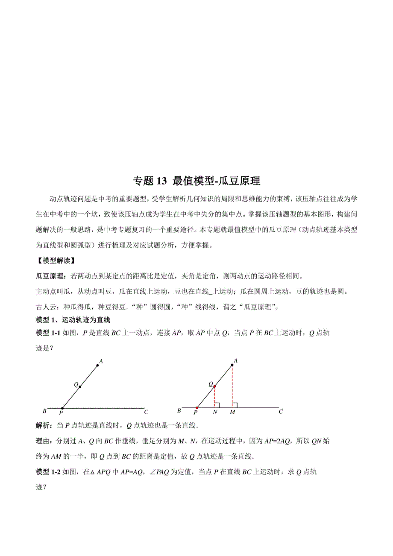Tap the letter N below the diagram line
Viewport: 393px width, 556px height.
pyautogui.click(x=214, y=413)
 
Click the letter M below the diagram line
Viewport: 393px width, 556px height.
pyautogui.click(x=232, y=413)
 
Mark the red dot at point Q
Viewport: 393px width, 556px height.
pyautogui.click(x=214, y=386)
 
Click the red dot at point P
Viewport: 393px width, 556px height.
pyautogui.click(x=197, y=408)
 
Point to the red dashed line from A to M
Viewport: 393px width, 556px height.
pyautogui.click(x=232, y=384)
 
